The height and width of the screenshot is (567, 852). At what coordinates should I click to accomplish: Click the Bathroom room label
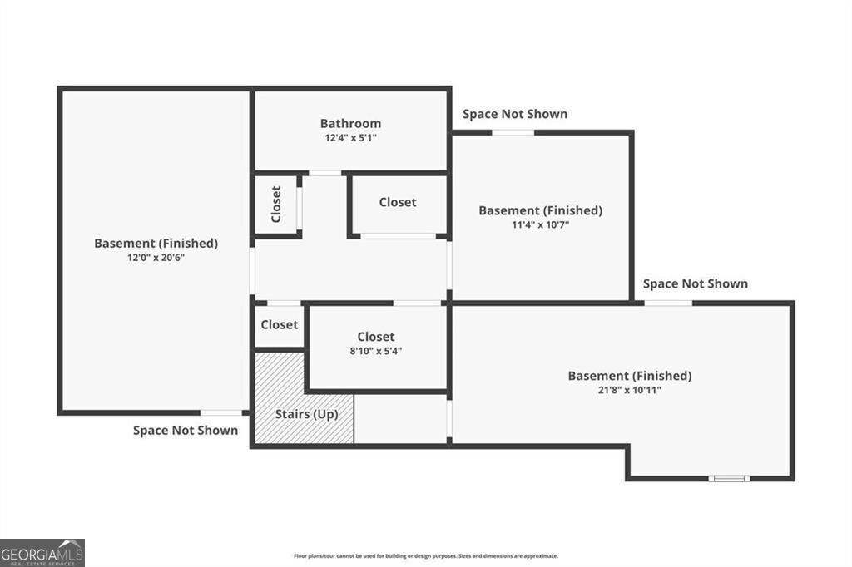tap(350, 124)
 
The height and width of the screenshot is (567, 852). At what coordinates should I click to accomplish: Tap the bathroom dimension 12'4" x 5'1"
tap(350, 138)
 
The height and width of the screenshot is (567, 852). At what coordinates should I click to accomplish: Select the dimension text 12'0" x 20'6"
tap(156, 258)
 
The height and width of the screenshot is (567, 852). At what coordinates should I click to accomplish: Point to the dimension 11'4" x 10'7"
tap(540, 224)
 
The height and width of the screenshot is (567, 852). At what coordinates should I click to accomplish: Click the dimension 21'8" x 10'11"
tap(629, 390)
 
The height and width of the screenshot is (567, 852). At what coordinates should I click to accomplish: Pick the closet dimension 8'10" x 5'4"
tap(376, 351)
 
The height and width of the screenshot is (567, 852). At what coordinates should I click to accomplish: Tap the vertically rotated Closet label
tap(276, 204)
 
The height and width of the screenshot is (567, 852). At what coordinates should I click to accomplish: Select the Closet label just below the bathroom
tap(398, 202)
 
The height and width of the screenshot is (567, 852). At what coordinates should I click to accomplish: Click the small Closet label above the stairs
tap(279, 325)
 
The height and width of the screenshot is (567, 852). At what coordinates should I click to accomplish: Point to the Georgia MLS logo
tap(42, 552)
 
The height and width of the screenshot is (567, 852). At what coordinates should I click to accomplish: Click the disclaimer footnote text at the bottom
tap(425, 555)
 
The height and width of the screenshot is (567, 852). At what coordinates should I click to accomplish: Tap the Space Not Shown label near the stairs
tap(186, 430)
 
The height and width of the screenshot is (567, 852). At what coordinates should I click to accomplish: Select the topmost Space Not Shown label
tap(515, 114)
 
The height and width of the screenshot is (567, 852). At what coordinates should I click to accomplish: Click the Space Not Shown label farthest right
tap(695, 283)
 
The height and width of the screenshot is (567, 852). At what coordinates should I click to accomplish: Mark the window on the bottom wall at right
tap(729, 478)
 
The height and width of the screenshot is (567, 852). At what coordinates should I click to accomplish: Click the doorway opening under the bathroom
tap(325, 173)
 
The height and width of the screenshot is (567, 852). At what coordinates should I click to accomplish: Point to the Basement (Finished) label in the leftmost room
tap(156, 244)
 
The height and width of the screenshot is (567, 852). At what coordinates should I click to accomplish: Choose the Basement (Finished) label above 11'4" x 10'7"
tap(540, 210)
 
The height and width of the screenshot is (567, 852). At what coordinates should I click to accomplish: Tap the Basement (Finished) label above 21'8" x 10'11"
tap(629, 376)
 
